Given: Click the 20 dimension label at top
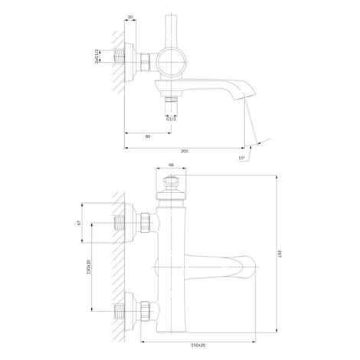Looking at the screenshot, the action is point(130,17).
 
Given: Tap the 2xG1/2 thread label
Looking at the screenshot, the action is point(97,56).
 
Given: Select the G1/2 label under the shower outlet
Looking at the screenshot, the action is point(171,119).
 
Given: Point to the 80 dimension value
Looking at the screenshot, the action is point(148,136).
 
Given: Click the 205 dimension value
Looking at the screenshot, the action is point(185,151).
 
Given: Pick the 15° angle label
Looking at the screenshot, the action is point(241,158).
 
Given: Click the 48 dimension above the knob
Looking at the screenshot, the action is point(171,165).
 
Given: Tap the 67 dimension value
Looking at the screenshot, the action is point(79,223).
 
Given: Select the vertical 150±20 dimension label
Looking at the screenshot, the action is point(89,267).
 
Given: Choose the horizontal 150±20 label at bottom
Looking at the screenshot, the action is point(198,345).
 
